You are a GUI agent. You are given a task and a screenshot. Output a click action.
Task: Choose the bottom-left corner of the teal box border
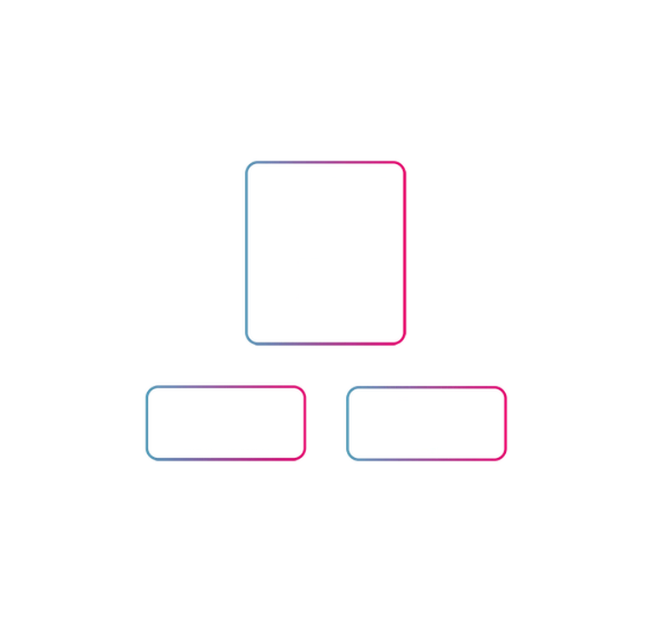click(x=249, y=344)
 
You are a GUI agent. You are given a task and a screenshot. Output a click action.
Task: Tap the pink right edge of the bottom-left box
click(x=304, y=422)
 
